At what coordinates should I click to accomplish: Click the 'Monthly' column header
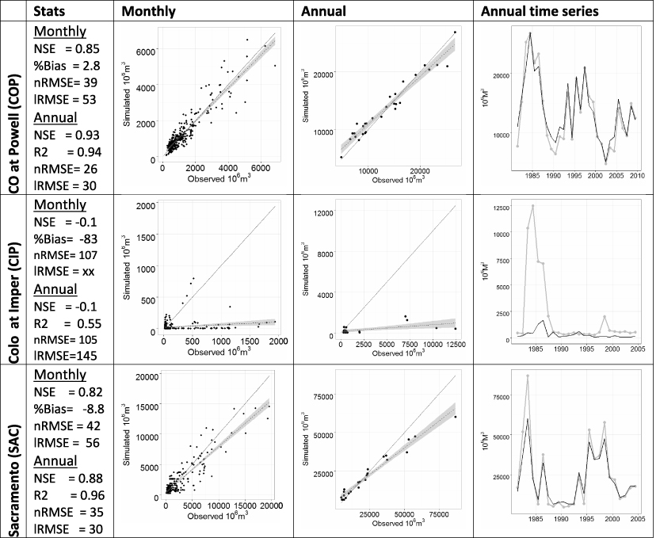coord(148,12)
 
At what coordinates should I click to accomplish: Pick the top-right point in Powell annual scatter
coord(455,32)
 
